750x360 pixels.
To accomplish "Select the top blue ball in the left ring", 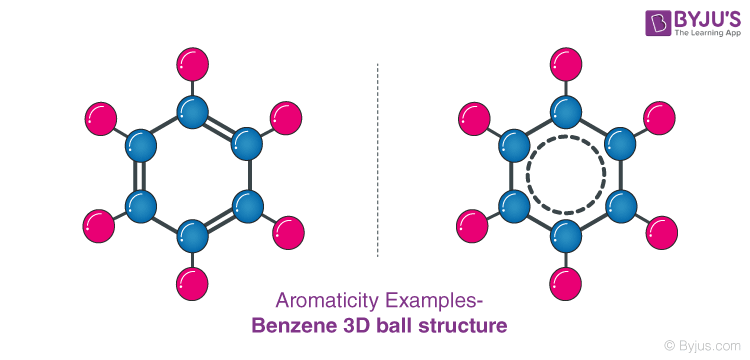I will [x=191, y=111].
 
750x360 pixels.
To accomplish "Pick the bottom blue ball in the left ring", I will [x=191, y=236].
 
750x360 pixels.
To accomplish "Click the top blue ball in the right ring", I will [x=566, y=111].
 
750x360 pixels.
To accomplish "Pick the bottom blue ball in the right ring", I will [x=566, y=236].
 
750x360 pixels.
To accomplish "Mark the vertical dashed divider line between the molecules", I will [x=378, y=160].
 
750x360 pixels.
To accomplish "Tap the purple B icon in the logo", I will [x=633, y=25].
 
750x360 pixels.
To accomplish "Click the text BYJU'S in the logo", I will [x=690, y=19].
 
